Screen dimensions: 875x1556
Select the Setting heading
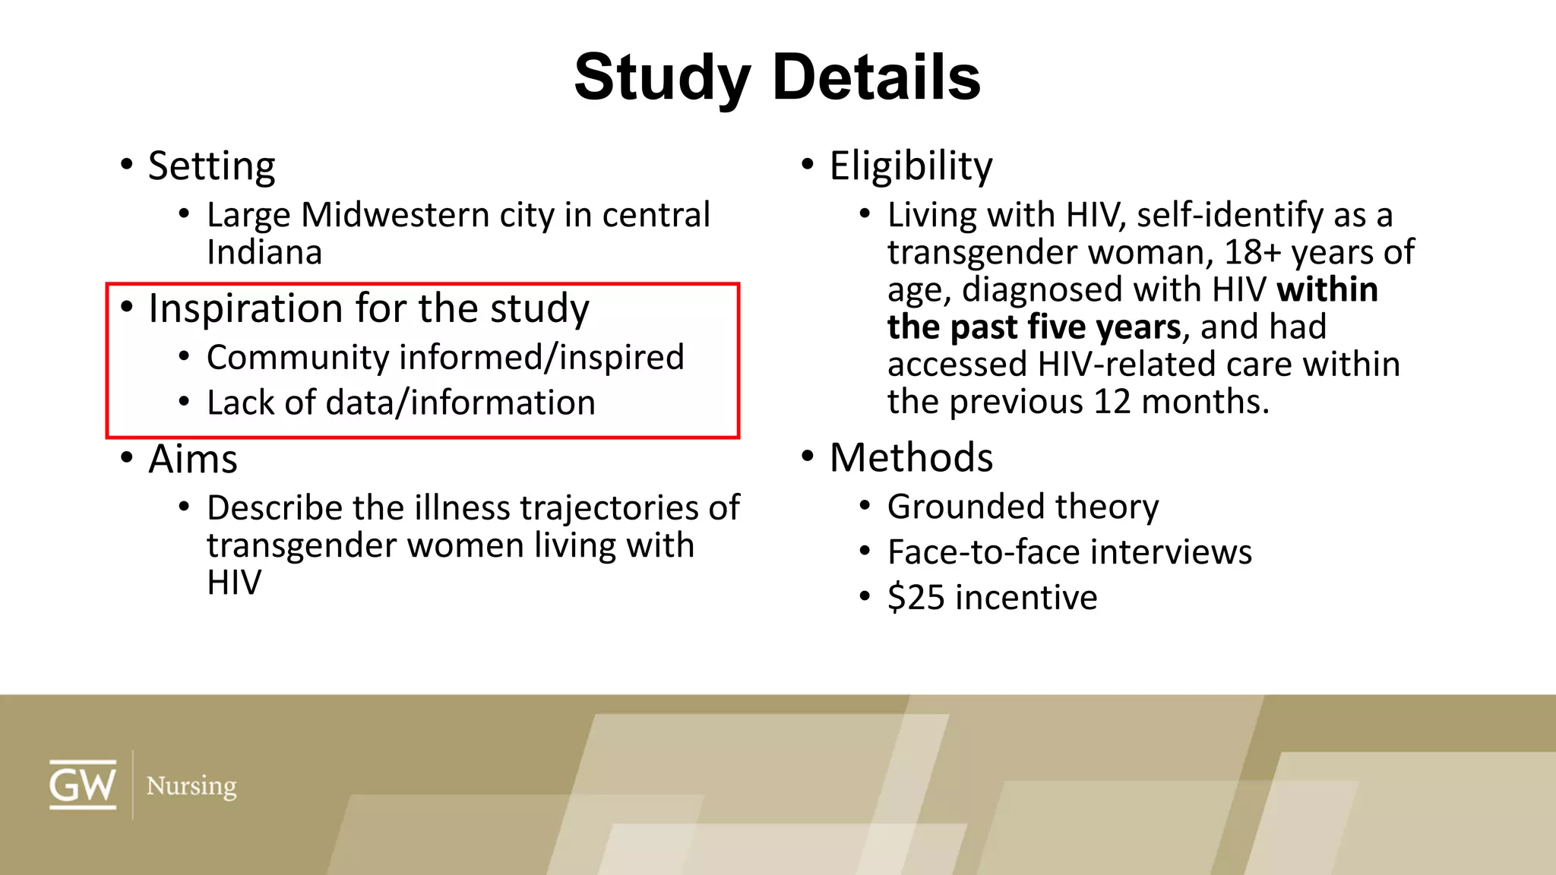pos(211,166)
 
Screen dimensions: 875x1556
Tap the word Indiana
pos(264,252)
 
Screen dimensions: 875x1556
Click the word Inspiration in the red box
pos(245,308)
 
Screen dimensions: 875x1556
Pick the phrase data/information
pos(460,403)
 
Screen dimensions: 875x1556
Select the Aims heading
pos(193,459)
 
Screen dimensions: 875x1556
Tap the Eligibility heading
pos(911,166)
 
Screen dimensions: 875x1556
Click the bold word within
pos(1327,289)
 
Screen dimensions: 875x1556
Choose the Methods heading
pos(911,457)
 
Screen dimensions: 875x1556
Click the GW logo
pos(83,785)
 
